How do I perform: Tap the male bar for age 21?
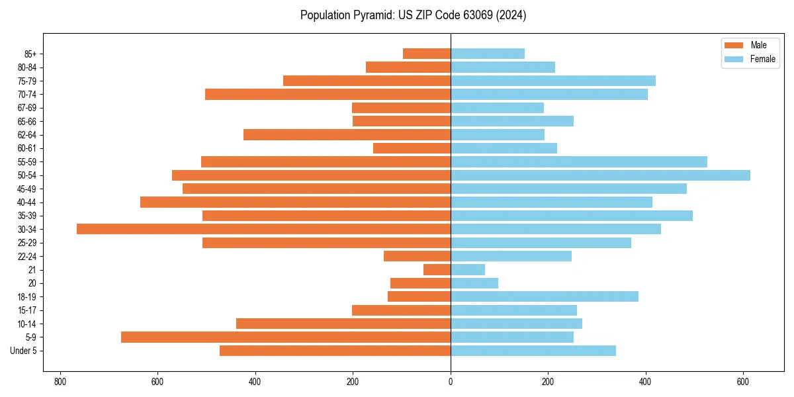click(x=437, y=269)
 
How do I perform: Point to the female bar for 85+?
click(x=488, y=54)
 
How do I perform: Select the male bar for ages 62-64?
click(x=347, y=134)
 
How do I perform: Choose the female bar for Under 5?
click(x=533, y=351)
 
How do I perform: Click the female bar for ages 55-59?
click(x=579, y=161)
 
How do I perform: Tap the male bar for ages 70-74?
click(x=328, y=94)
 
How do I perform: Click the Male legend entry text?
click(x=758, y=45)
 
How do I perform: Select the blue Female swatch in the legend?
click(x=734, y=59)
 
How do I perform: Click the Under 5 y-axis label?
click(x=24, y=351)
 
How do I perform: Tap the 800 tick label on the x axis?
click(x=60, y=382)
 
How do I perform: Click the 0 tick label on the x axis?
click(x=451, y=382)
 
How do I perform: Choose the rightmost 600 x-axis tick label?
click(x=743, y=382)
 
